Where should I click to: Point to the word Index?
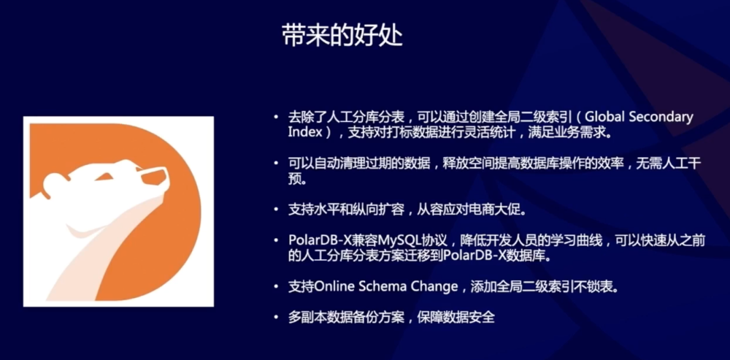[x=303, y=134]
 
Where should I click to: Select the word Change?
[x=436, y=287]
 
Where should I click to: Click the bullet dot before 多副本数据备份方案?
[x=275, y=318]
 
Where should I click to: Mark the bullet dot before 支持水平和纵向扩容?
[x=275, y=209]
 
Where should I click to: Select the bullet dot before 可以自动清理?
[x=275, y=163]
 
